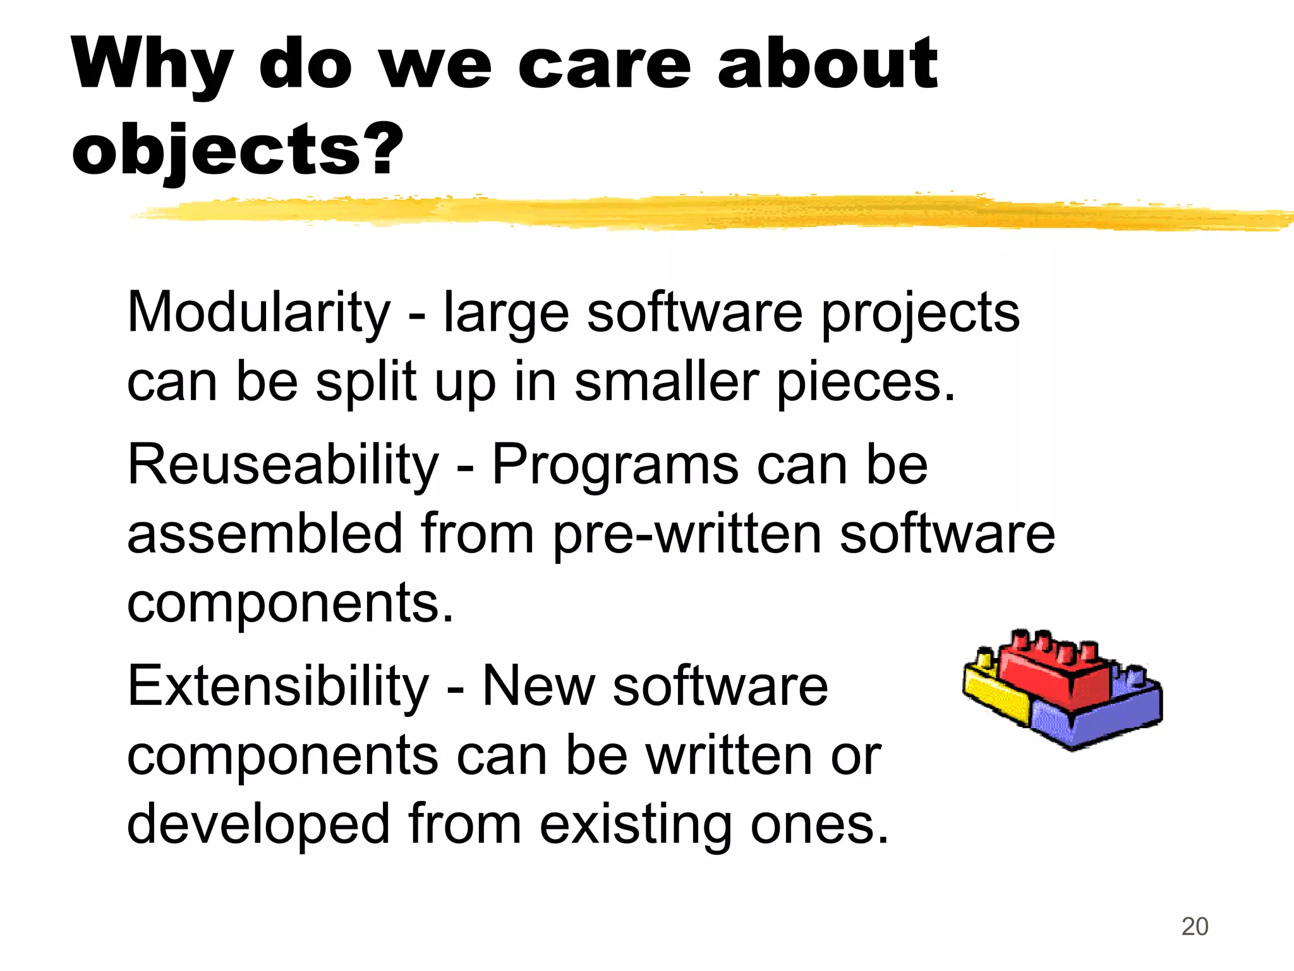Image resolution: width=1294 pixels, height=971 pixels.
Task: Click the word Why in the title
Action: tap(152, 64)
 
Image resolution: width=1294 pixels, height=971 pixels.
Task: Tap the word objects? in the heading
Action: tap(237, 150)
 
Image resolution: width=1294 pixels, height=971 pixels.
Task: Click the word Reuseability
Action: tap(282, 465)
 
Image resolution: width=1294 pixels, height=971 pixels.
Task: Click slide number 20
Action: tap(1194, 927)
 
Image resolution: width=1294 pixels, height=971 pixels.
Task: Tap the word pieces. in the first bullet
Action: tap(866, 383)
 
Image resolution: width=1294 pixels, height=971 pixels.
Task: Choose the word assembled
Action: tap(265, 534)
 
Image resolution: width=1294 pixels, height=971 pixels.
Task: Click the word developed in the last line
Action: tap(258, 824)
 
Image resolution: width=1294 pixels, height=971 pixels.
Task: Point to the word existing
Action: tap(635, 824)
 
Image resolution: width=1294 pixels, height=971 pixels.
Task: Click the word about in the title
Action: tap(827, 64)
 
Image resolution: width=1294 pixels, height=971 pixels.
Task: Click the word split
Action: tap(366, 383)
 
